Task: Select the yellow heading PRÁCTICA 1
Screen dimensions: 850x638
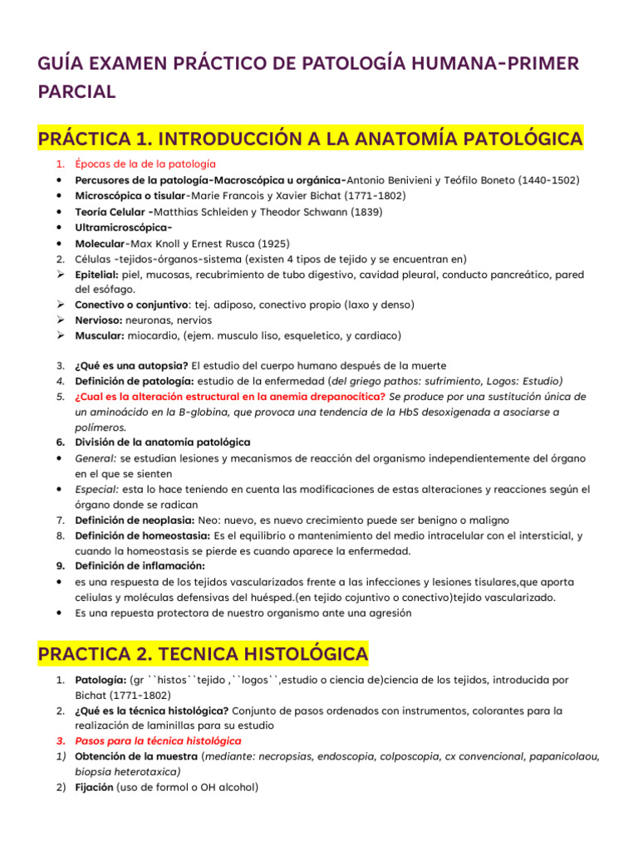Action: tap(310, 138)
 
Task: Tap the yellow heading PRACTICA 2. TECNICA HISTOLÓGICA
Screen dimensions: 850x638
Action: tap(204, 652)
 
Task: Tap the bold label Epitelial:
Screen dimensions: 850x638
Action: tap(97, 274)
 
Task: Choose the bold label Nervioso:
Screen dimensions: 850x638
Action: tap(100, 320)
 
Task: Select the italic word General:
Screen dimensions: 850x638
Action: tap(96, 458)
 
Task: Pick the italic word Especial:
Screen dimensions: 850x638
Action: tap(97, 489)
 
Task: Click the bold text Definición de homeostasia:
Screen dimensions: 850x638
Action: tap(143, 535)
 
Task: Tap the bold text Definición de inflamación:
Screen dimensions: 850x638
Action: tap(140, 566)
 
